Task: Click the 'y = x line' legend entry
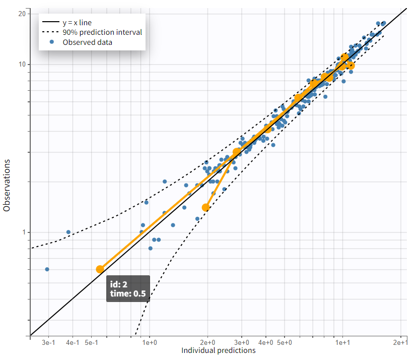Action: point(77,22)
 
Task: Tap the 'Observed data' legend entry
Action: point(87,42)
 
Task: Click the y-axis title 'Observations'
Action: point(7,186)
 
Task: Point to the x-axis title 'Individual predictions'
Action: point(218,350)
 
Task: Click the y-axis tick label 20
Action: point(22,13)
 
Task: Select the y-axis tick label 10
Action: point(22,65)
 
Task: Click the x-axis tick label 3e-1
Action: point(48,343)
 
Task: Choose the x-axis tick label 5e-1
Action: point(91,343)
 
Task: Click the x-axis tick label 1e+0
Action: point(150,343)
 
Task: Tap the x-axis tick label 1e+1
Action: point(343,343)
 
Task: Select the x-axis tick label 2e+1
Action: point(401,343)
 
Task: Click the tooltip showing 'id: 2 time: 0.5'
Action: point(128,289)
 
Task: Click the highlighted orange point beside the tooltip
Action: point(100,269)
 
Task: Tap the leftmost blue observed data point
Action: point(47,269)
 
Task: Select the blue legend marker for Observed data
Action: point(52,42)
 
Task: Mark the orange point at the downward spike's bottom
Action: point(205,207)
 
